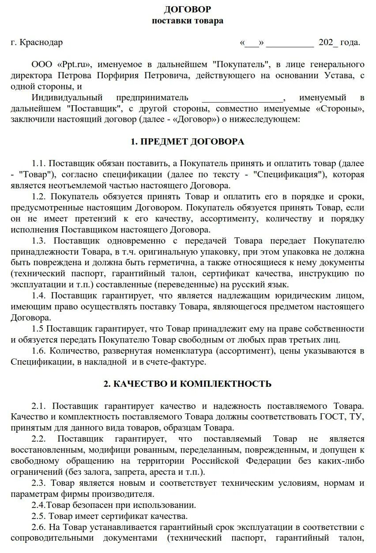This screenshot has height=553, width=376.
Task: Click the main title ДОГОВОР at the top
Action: tap(188, 9)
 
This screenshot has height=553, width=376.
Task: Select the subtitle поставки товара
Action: tap(188, 21)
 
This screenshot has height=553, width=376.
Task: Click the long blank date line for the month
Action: tap(290, 43)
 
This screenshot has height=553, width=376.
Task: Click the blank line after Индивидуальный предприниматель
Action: tap(242, 98)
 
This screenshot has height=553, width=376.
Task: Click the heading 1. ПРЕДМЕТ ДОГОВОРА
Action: tap(188, 142)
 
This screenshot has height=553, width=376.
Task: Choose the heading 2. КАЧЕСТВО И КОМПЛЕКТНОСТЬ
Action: tap(188, 384)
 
